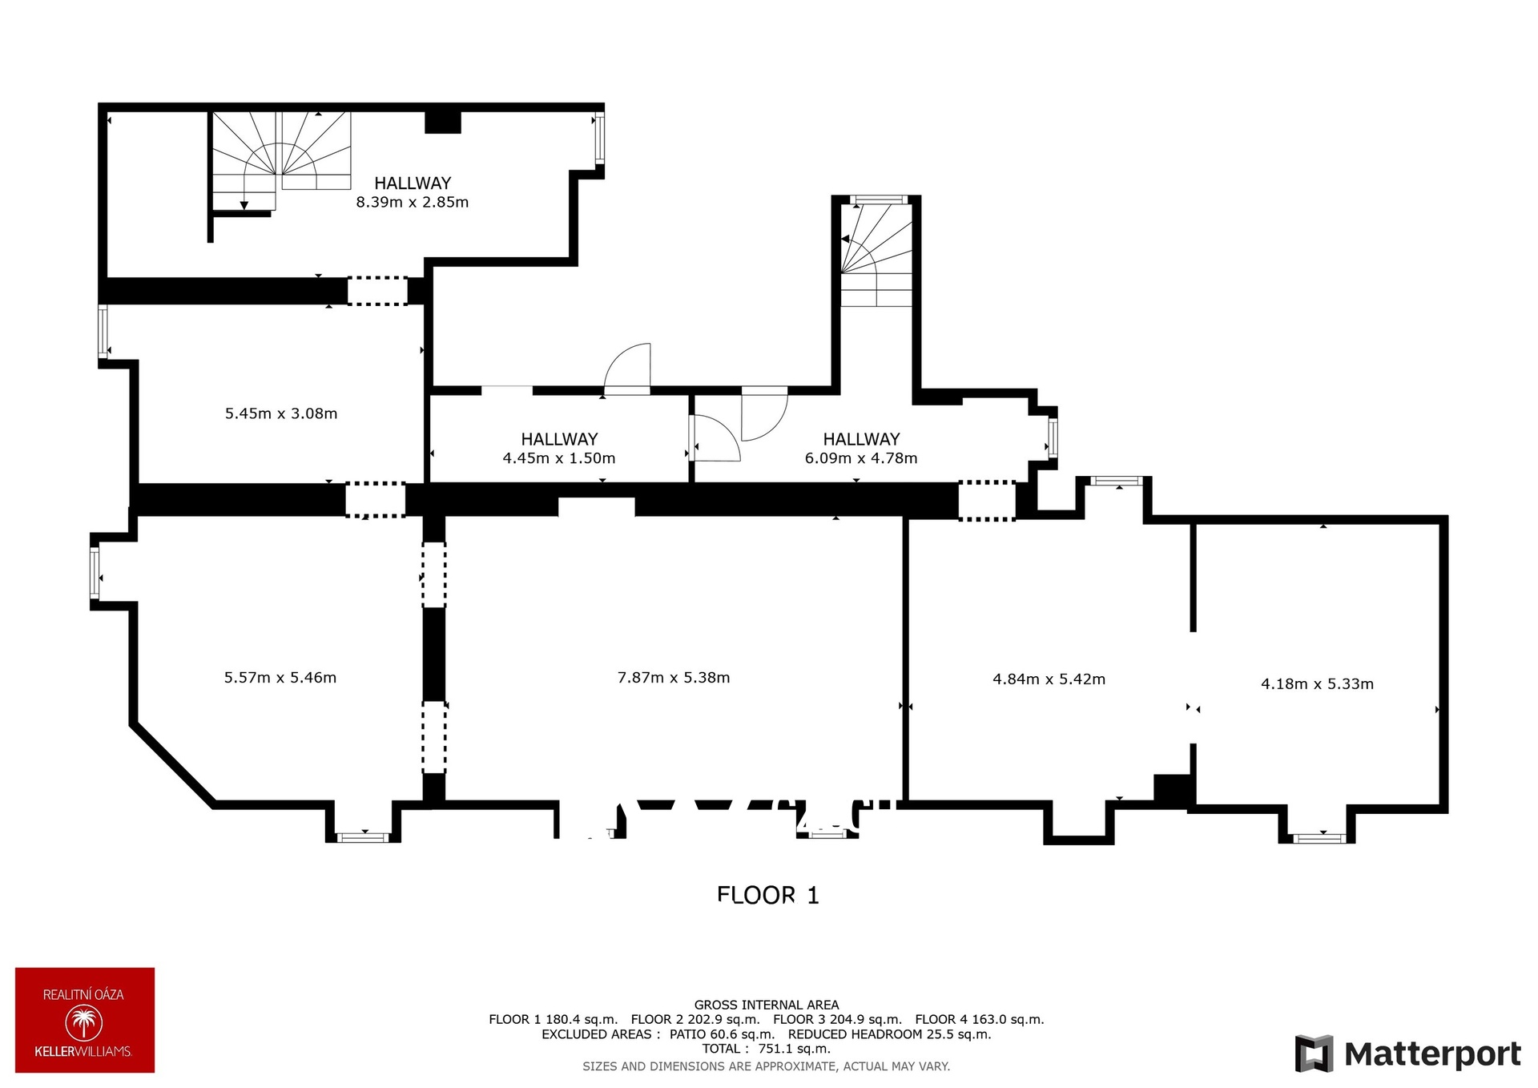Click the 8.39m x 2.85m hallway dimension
click(x=412, y=202)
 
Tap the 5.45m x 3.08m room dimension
click(x=281, y=413)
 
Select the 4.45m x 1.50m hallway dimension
click(x=559, y=458)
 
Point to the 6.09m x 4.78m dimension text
click(x=861, y=458)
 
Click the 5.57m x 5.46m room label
click(x=280, y=678)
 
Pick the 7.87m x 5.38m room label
click(x=674, y=678)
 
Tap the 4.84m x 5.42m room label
click(x=1049, y=679)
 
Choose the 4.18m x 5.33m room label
click(x=1317, y=684)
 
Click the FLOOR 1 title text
click(x=768, y=895)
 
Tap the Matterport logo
click(x=1408, y=1054)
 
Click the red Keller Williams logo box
click(x=85, y=1020)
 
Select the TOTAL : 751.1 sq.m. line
click(x=767, y=1049)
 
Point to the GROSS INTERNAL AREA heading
click(x=767, y=1005)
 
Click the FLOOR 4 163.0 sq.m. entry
click(x=980, y=1020)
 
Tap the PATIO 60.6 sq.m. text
click(x=722, y=1034)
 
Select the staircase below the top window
click(x=876, y=255)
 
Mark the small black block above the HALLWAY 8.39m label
click(x=442, y=122)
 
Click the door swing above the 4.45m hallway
click(x=627, y=369)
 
